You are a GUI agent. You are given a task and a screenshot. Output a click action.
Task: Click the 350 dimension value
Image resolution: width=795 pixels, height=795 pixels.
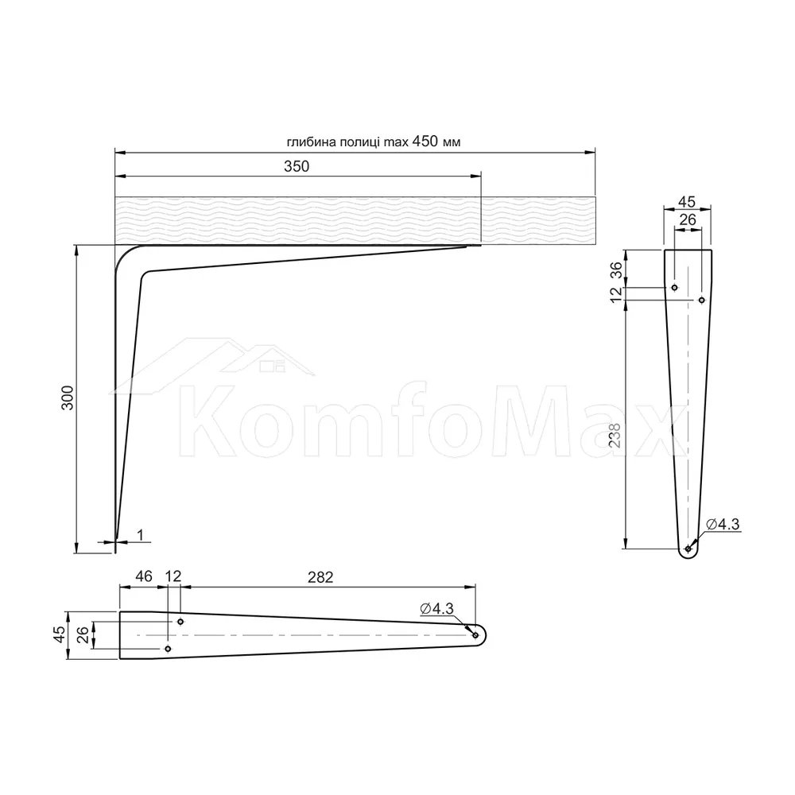296,166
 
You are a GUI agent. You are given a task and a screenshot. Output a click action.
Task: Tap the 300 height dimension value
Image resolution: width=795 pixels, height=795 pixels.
68,398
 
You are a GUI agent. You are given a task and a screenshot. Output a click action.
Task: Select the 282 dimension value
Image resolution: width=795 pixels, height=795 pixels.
320,577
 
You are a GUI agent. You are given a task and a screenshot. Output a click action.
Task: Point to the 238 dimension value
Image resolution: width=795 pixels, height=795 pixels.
615,435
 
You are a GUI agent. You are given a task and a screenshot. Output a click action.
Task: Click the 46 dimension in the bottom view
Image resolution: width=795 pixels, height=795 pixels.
143,576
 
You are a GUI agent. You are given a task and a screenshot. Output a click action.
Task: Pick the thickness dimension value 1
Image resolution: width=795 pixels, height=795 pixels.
141,535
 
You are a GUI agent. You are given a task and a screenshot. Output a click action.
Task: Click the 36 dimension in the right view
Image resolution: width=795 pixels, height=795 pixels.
615,270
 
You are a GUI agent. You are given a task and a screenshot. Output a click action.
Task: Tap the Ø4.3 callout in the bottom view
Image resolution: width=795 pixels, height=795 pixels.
436,608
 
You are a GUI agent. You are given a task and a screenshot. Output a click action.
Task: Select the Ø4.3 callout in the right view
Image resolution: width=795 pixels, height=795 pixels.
723,524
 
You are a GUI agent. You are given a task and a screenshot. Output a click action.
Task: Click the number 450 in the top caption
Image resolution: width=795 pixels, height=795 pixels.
425,141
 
